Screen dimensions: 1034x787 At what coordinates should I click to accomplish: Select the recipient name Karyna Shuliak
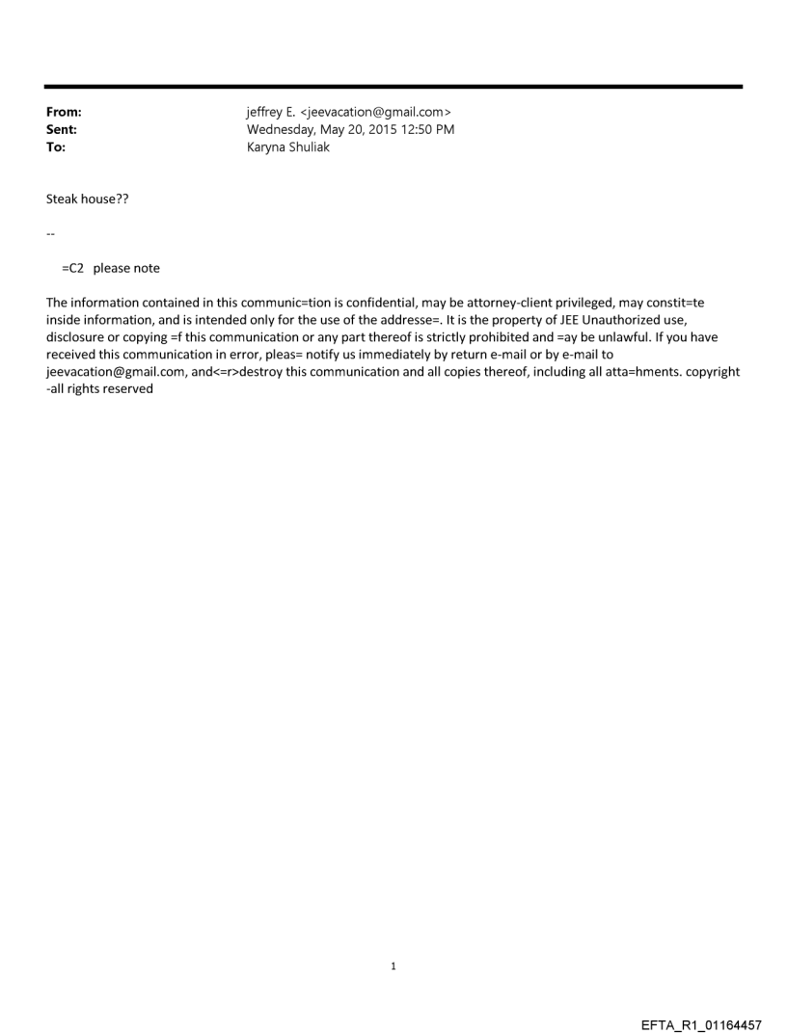288,147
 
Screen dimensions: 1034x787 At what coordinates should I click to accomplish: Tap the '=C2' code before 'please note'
73,268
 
